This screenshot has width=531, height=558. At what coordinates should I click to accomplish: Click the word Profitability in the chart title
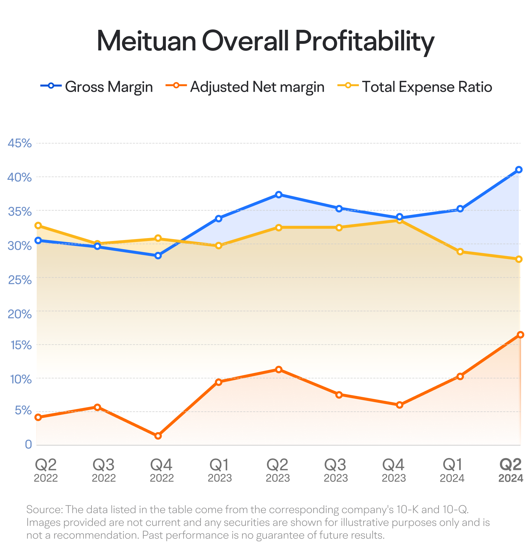(x=365, y=42)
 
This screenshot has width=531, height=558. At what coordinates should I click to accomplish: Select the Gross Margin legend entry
(x=97, y=87)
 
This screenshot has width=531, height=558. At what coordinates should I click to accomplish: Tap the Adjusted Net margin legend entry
(x=245, y=87)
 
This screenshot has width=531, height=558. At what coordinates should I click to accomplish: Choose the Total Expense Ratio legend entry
(x=415, y=87)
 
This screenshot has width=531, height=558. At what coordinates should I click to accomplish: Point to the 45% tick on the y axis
(x=20, y=143)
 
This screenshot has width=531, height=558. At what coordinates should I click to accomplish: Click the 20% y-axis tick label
(x=20, y=314)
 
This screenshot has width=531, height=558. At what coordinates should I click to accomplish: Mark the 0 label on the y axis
(x=29, y=444)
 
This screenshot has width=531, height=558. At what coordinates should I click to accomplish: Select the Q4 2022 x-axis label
(x=162, y=471)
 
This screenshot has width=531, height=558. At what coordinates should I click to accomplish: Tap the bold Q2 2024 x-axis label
(x=510, y=471)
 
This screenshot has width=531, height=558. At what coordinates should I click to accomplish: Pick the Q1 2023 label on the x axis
(x=220, y=471)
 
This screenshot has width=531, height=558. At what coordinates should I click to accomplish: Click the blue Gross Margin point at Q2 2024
(x=519, y=170)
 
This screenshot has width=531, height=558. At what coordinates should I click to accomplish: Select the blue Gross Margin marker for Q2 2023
(x=279, y=195)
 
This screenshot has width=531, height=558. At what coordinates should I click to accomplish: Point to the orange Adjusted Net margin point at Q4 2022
(x=158, y=436)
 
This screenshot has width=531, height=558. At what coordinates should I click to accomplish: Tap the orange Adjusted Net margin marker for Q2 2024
(x=521, y=335)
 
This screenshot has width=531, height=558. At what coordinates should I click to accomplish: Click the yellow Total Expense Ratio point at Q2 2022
(x=38, y=226)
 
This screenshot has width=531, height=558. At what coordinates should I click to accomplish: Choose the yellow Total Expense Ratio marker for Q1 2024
(x=460, y=252)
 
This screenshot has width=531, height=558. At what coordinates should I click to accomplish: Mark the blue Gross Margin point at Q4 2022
(x=158, y=256)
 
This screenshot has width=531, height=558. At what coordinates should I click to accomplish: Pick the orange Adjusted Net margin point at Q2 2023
(x=279, y=370)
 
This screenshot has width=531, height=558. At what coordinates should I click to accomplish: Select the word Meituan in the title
(x=147, y=42)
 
